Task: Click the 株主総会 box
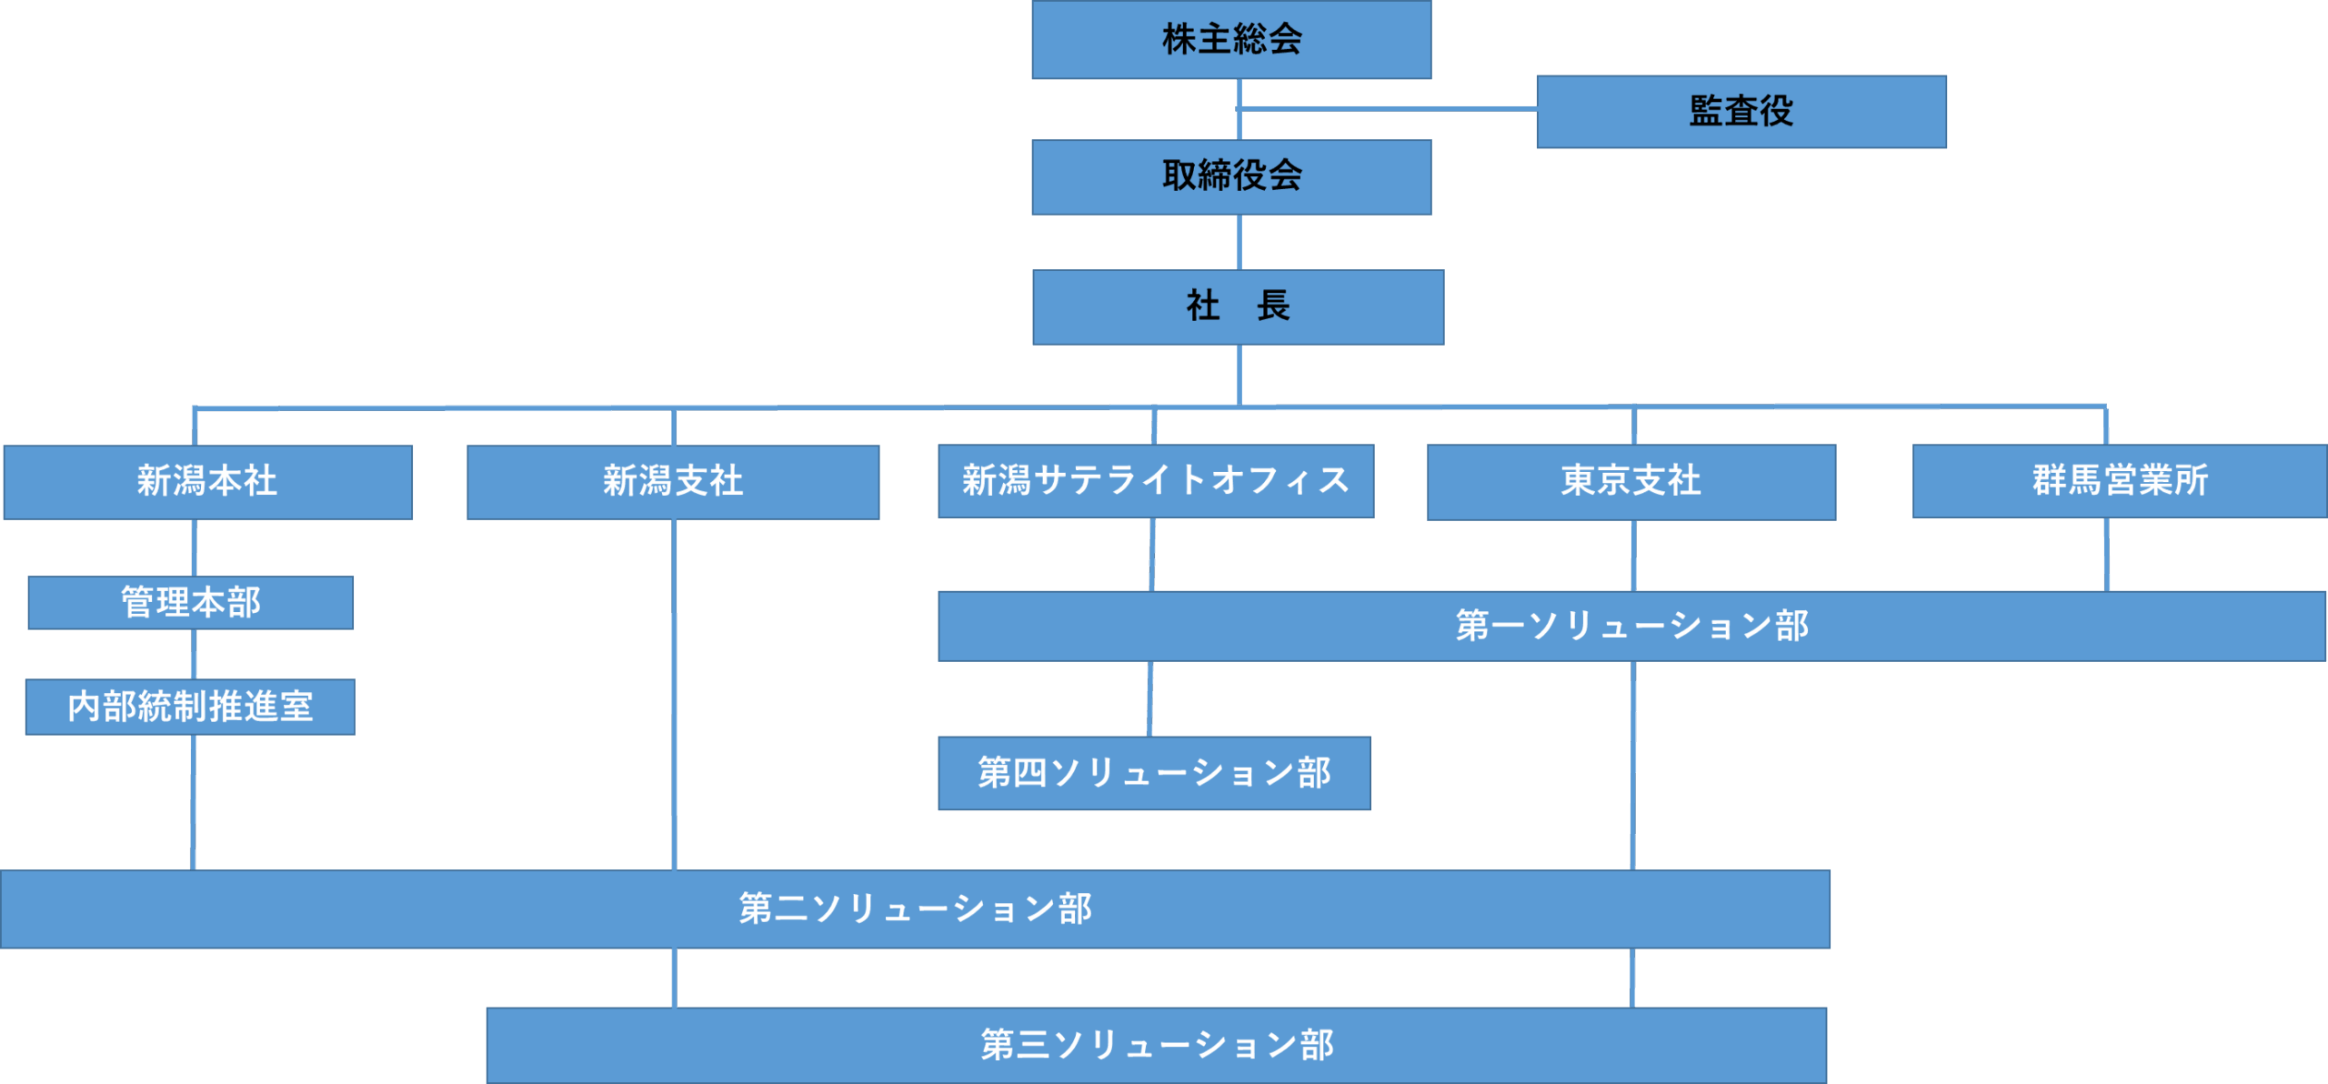1231,40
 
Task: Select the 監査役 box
1741,112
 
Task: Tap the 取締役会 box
1231,176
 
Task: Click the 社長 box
1238,306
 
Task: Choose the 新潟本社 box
207,482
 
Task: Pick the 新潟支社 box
673,482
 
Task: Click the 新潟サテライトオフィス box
1155,481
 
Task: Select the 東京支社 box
1631,482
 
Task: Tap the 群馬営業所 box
2119,481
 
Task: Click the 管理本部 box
191,602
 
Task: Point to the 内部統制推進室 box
190,707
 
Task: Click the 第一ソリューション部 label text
1631,626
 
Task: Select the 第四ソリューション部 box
1154,773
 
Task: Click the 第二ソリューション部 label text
915,908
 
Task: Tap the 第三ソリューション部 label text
1157,1045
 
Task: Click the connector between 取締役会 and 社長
1239,242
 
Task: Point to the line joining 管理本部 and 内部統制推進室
194,654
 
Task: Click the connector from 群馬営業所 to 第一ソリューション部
2107,555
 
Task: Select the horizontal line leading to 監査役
1387,109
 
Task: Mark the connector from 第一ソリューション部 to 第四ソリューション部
1149,698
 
